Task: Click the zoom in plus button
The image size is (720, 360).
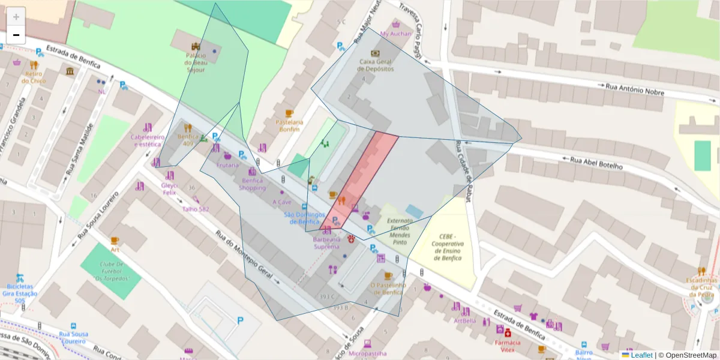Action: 16,16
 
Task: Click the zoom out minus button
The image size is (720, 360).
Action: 16,35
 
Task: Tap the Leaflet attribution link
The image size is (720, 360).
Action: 641,355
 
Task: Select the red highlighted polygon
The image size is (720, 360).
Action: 360,180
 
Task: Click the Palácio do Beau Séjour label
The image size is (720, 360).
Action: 195,62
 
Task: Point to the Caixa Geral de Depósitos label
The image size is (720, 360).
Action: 376,65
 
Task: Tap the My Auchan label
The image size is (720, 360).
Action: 396,34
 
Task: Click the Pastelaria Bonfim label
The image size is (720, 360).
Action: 289,125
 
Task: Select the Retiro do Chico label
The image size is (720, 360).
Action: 34,77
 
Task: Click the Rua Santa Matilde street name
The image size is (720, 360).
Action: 81,150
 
